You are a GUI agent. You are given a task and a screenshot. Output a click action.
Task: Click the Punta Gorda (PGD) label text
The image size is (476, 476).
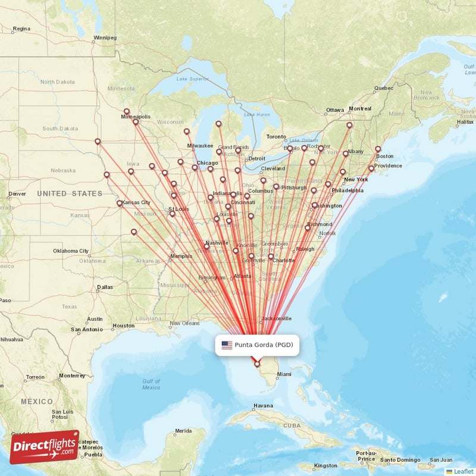(x=264, y=345)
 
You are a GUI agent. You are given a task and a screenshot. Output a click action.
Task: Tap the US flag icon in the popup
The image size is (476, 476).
(x=227, y=345)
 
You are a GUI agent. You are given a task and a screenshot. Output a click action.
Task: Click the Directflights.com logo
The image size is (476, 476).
(x=45, y=446)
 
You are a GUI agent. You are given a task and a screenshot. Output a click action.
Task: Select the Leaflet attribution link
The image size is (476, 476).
(x=464, y=471)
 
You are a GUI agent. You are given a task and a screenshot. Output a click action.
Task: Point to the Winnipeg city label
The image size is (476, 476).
(x=105, y=37)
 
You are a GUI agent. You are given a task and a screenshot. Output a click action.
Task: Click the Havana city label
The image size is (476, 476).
(x=263, y=406)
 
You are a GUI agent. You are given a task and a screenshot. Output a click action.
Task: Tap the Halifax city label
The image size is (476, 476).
(x=465, y=121)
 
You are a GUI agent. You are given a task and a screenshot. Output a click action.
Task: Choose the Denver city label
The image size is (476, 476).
(x=17, y=193)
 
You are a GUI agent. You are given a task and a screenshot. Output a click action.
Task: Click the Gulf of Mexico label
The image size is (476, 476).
(x=151, y=384)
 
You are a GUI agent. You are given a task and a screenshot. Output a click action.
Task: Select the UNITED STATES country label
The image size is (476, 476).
(x=70, y=193)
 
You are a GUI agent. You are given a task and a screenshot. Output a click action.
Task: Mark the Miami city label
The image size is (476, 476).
(x=284, y=374)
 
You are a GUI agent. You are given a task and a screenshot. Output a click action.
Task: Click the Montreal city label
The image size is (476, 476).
(x=359, y=109)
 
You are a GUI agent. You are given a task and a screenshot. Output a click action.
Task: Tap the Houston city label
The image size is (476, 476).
(x=124, y=325)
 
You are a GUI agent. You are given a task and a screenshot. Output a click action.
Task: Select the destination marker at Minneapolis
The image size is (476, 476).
(x=136, y=123)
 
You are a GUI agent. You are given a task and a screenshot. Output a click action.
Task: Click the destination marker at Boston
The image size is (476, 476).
(x=378, y=149)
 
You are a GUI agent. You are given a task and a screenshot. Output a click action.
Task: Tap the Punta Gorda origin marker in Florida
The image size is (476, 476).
(x=257, y=364)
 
